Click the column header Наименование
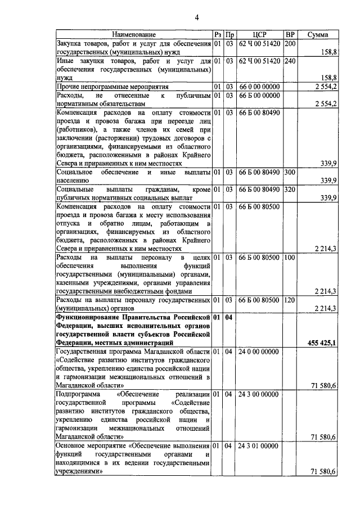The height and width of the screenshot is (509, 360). point(133,34)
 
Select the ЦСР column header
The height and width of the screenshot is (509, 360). point(259,34)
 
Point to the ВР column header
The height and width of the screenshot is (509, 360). point(290,34)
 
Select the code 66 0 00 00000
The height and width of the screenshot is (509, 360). point(259,86)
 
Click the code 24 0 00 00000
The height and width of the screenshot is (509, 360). point(259,352)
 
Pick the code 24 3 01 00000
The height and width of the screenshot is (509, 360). point(259,446)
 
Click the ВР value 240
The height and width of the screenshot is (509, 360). point(290,60)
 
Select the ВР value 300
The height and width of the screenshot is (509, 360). point(290,172)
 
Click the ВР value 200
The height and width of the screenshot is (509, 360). point(290,43)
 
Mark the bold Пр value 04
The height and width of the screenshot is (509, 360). point(229,317)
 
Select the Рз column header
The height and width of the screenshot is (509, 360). point(217,34)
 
